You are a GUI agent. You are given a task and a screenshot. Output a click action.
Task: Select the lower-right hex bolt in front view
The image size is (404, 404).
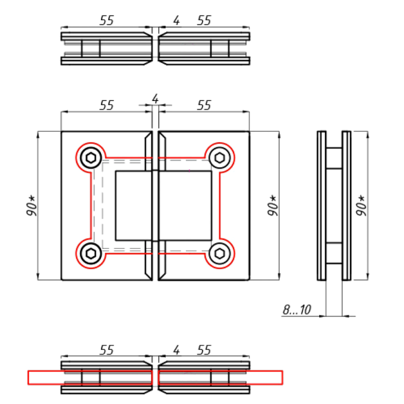[x=220, y=251]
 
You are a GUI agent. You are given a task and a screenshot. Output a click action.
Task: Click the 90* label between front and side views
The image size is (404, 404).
[x=273, y=206]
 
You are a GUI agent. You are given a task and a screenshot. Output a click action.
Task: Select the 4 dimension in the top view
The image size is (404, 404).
[x=176, y=20]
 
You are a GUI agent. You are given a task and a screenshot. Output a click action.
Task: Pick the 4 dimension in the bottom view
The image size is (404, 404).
[x=176, y=349]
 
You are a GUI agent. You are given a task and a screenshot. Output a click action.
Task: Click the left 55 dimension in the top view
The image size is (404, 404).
[x=107, y=20]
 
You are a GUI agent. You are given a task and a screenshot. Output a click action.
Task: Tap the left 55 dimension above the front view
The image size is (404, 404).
[x=107, y=105]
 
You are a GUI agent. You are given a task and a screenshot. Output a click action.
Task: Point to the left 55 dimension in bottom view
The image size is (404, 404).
[x=107, y=349]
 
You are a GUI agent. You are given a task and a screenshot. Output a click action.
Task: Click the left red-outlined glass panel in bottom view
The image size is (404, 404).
[x=89, y=377]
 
